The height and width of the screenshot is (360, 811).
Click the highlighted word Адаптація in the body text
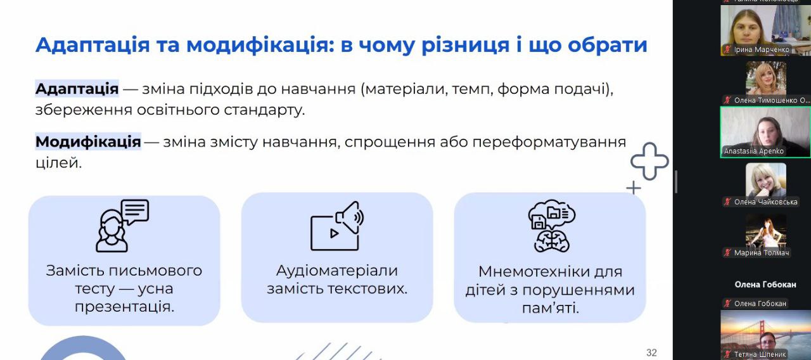77,89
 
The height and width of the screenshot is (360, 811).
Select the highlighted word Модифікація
88,141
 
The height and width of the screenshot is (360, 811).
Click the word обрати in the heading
608,45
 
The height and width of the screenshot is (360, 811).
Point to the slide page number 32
651,352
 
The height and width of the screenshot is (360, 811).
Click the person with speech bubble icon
122,226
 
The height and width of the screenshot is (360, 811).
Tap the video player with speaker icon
337,226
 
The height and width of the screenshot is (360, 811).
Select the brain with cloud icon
552,226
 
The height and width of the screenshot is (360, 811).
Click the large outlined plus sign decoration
649,161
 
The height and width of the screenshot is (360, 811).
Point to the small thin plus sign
634,188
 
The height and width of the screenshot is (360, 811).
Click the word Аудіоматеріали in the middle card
337,271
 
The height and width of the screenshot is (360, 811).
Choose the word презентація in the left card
125,307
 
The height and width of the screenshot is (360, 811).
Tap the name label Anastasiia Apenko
754,151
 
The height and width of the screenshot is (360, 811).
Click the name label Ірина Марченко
762,49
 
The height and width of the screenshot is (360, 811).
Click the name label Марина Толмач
762,253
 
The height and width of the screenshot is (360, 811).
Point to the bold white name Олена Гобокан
765,285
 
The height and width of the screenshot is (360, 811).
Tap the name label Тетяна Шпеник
760,354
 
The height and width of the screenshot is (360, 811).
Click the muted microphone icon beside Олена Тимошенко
727,100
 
